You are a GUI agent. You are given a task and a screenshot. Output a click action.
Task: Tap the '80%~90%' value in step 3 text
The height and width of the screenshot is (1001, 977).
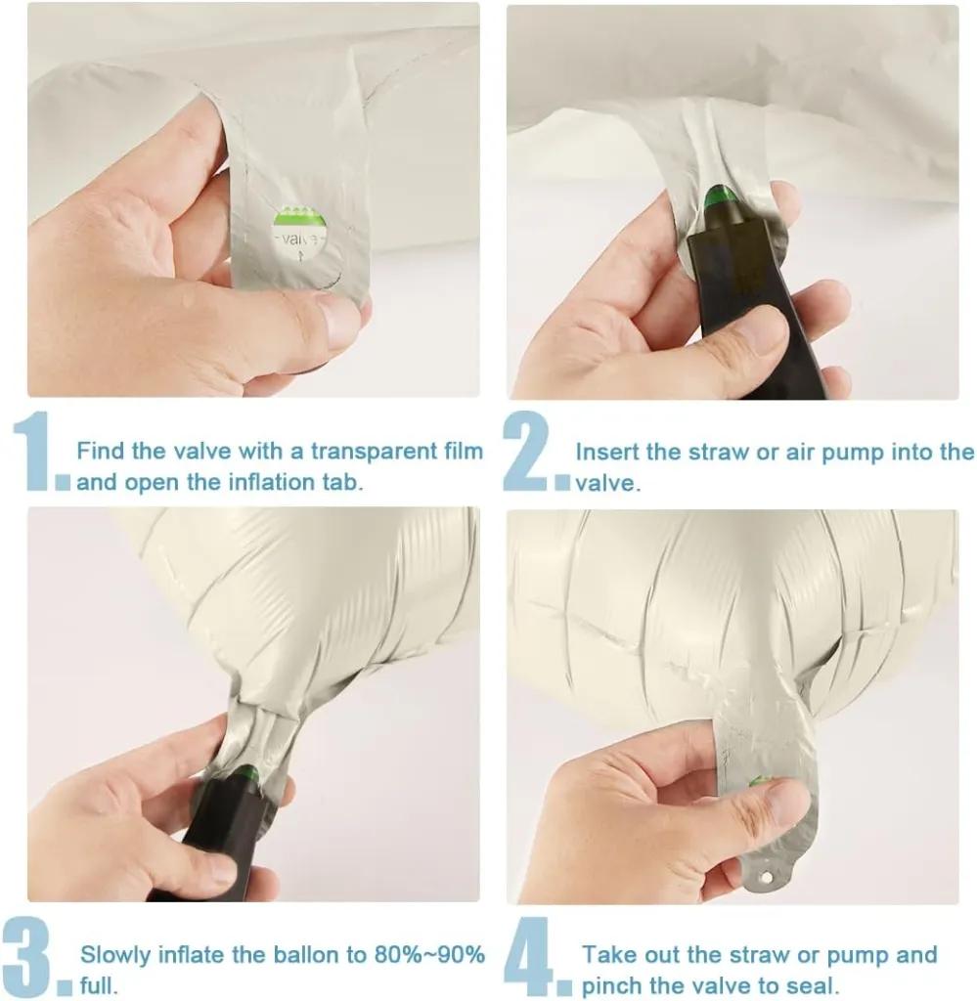tap(429, 955)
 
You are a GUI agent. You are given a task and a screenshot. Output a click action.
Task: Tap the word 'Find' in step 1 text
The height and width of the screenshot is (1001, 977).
tap(101, 451)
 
